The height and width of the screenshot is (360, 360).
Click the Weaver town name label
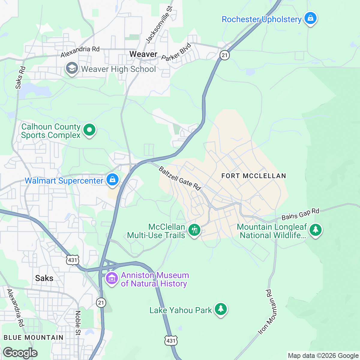point(143,54)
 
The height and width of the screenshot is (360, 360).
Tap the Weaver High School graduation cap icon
point(72,69)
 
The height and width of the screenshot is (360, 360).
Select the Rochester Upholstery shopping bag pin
point(310,19)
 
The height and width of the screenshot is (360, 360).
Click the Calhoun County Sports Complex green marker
point(89,130)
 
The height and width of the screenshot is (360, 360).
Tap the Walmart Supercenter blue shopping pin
point(112,180)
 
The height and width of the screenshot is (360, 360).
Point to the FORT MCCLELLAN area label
point(253,176)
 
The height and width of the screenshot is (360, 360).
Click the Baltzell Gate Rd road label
point(179,178)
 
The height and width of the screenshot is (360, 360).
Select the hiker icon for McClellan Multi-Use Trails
point(194,230)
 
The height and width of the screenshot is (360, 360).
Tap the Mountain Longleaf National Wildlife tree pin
point(315,230)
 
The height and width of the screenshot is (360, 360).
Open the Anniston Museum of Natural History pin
point(112,278)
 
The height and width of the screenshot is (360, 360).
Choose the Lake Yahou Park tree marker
point(221,309)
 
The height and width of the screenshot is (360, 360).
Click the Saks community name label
point(44,278)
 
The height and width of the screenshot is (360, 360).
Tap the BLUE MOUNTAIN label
point(34,337)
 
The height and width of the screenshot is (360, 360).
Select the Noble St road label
point(78,323)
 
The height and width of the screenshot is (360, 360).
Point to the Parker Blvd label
point(176,52)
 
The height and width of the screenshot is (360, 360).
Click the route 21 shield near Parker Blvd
point(224,55)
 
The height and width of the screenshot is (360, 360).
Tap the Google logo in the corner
point(20,353)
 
